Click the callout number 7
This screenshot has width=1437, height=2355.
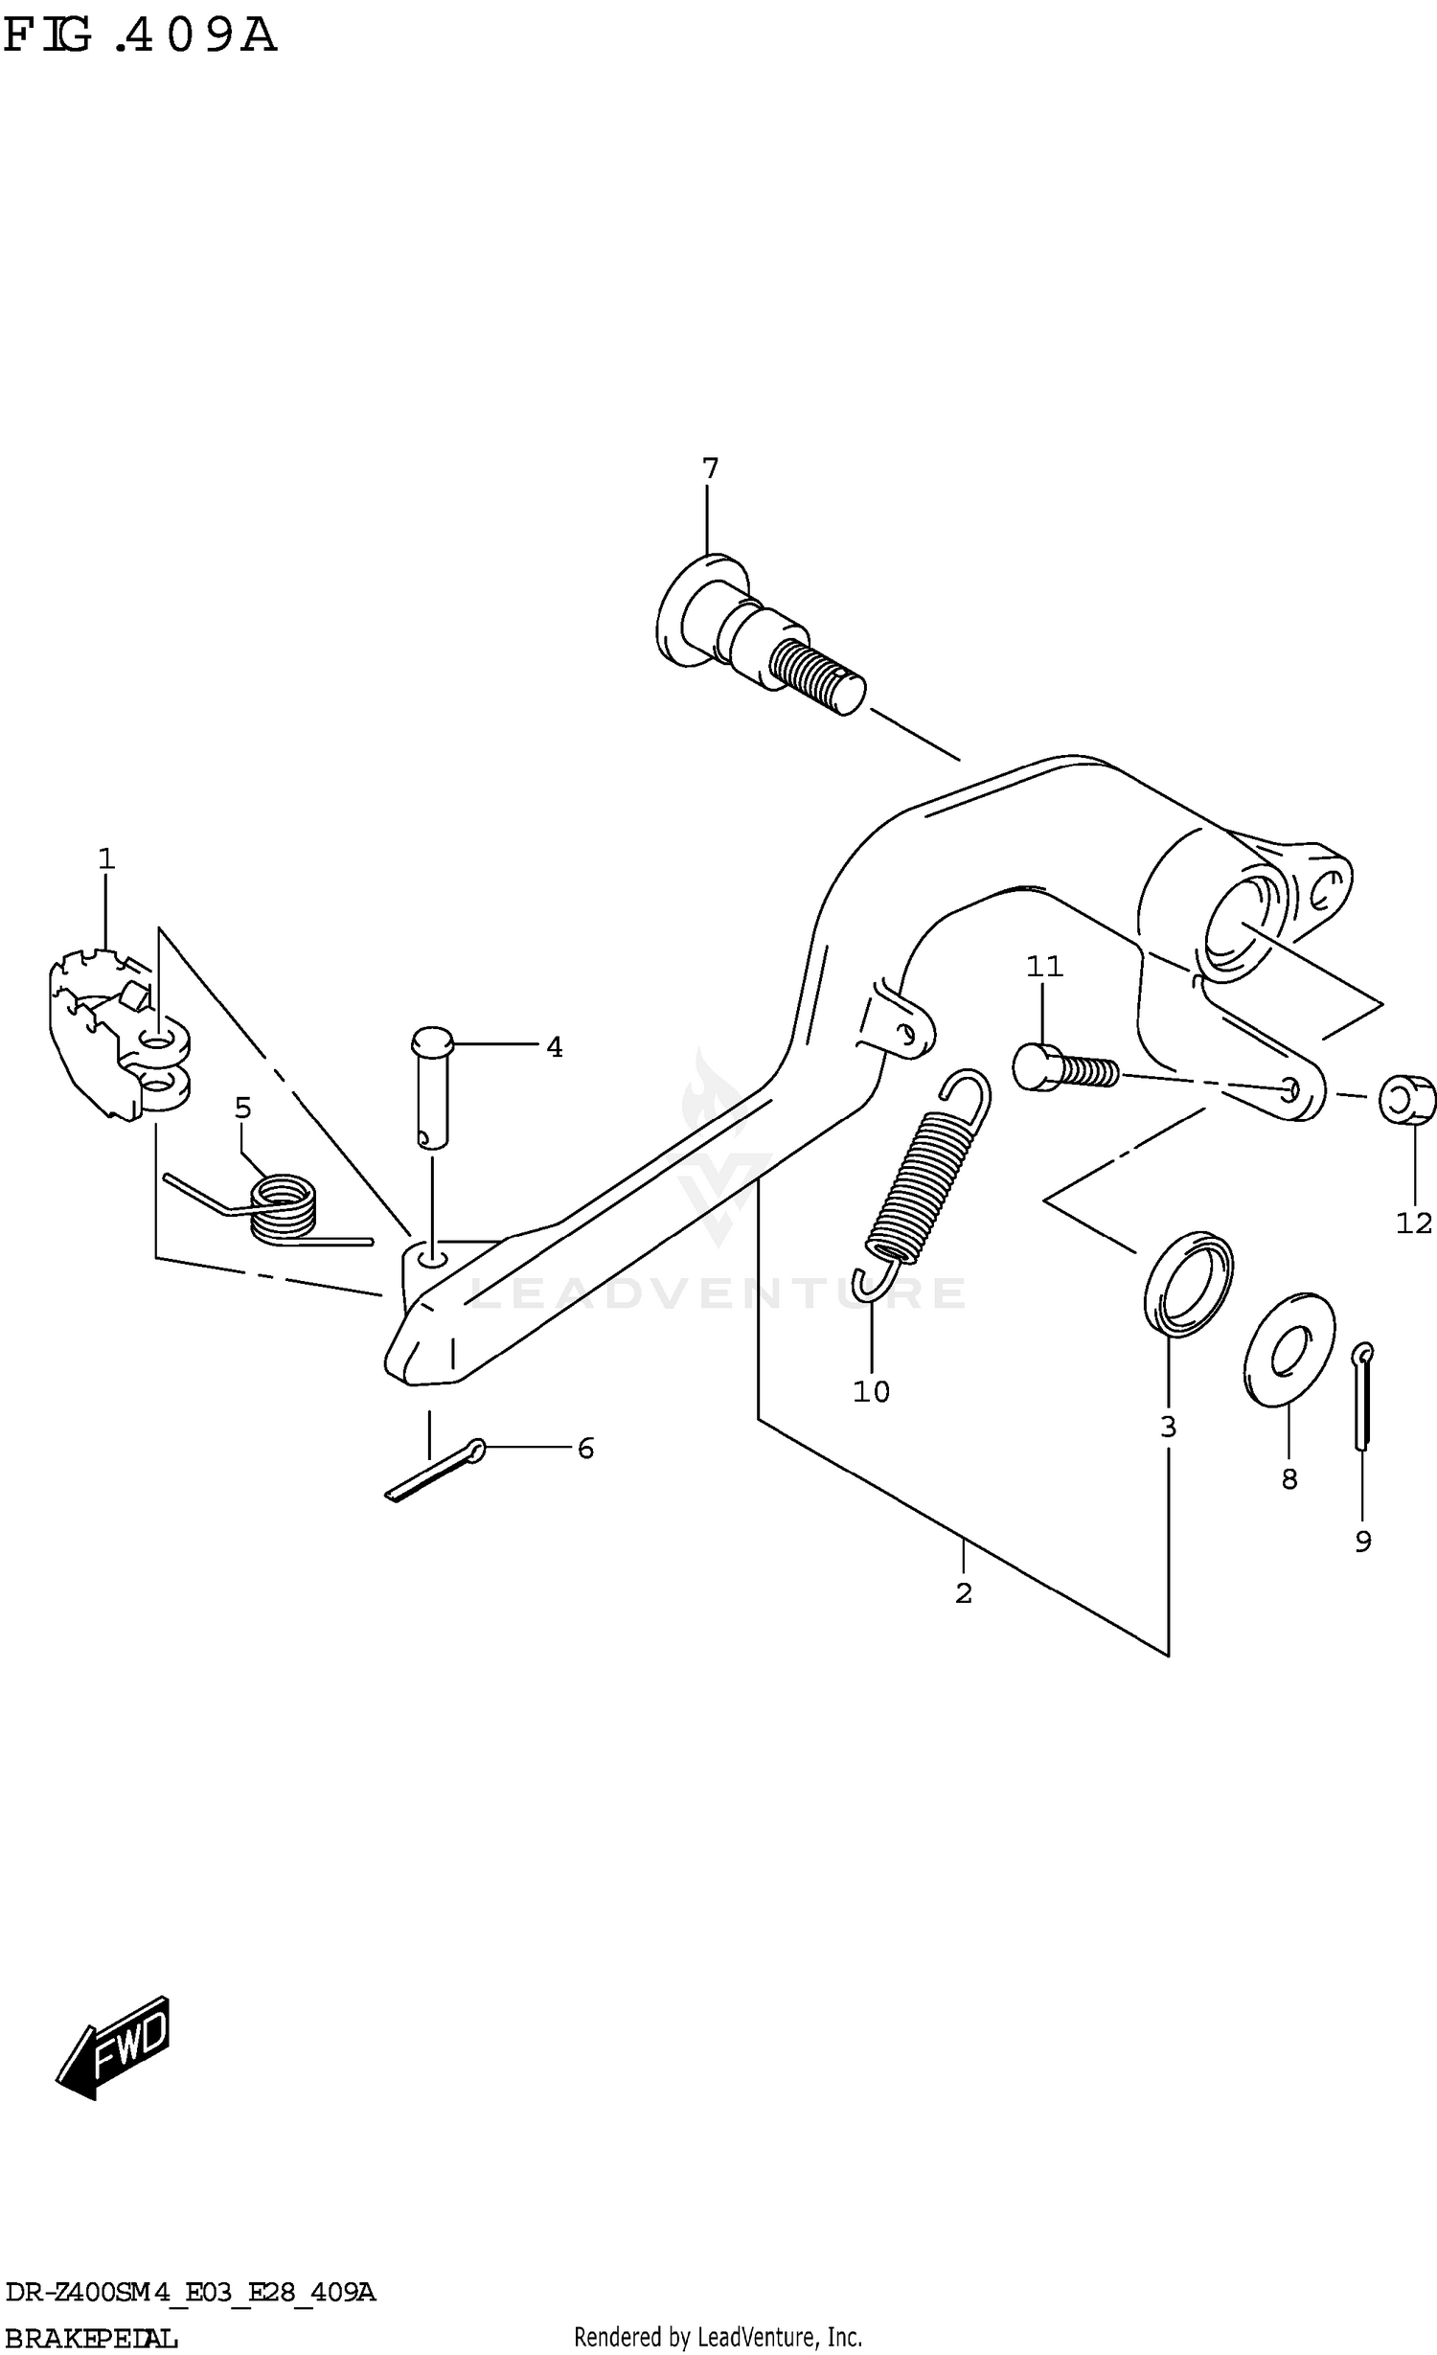coord(709,469)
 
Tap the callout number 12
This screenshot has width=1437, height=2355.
coord(1413,1223)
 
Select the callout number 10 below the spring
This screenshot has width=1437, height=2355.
coord(871,1391)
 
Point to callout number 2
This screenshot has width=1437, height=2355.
coord(964,1592)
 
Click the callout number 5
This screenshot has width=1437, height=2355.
coord(242,1109)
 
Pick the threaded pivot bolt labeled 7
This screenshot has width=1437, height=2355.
coord(757,637)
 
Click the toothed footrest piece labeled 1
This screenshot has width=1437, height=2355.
coord(105,1035)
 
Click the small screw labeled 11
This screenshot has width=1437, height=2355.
coord(1063,1067)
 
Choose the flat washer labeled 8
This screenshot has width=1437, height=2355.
coord(1289,1350)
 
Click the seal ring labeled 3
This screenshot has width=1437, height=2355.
coord(1188,1283)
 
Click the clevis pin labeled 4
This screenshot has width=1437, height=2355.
coord(432,1087)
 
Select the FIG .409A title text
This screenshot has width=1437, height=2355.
coord(140,35)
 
